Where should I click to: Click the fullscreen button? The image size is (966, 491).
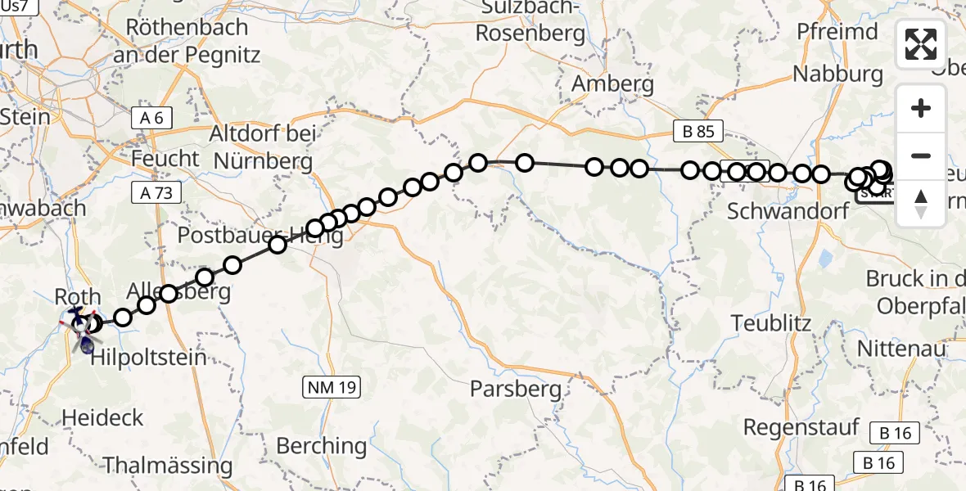click(x=921, y=44)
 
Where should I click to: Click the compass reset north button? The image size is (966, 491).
click(x=921, y=204)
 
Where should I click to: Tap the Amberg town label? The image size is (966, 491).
click(x=612, y=83)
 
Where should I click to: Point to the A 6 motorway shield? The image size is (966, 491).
click(x=151, y=118)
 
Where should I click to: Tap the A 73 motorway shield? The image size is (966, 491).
click(x=155, y=191)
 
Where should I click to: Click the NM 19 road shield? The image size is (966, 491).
click(x=333, y=388)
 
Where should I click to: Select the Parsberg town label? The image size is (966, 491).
click(x=516, y=390)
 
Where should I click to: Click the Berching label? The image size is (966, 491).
click(x=322, y=446)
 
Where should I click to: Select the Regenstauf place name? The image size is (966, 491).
click(x=801, y=427)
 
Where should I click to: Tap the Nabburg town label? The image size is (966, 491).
click(x=837, y=74)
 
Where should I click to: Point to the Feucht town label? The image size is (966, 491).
click(x=165, y=158)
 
